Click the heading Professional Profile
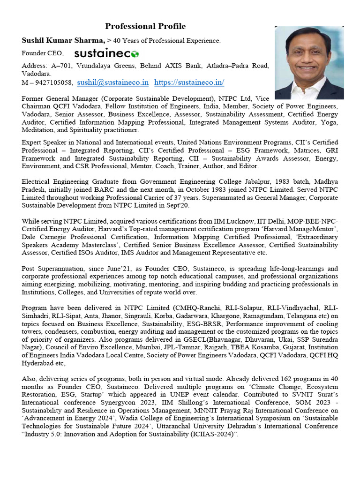(145, 26)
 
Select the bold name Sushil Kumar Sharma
(63, 41)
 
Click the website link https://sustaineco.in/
(182, 82)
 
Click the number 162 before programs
(287, 378)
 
